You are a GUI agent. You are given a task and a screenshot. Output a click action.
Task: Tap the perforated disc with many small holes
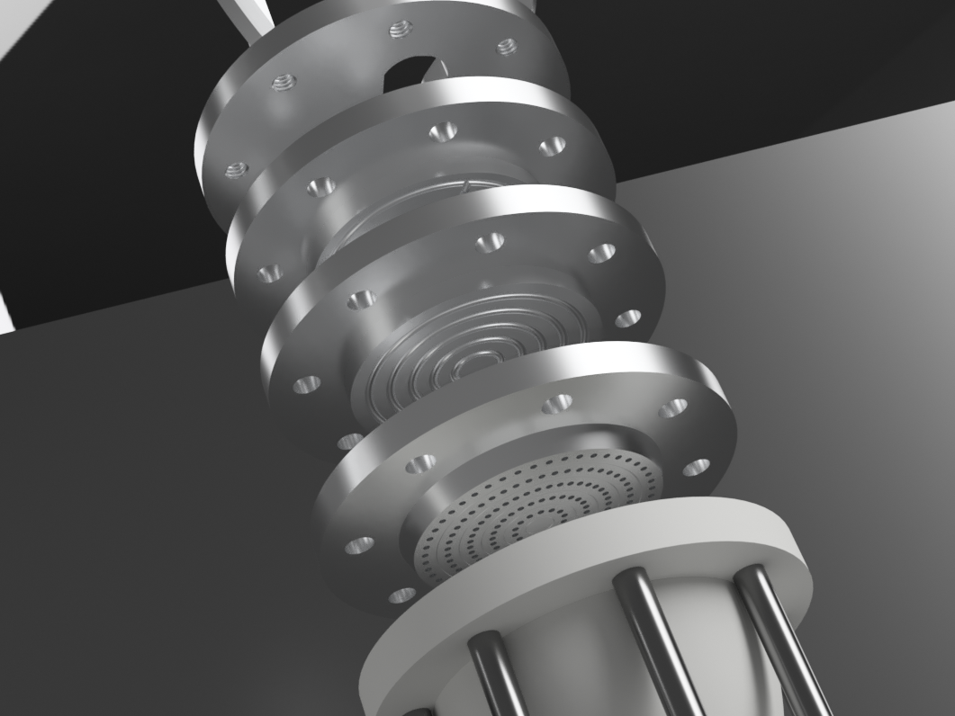pos(531,508)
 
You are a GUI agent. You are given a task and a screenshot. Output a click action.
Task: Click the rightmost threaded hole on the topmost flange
pos(507,45)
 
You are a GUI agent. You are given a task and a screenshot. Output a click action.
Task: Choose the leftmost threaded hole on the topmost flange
pos(236,169)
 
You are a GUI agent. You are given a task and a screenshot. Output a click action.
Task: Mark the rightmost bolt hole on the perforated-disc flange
pos(696,468)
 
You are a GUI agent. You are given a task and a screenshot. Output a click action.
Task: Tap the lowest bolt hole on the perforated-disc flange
pos(401,595)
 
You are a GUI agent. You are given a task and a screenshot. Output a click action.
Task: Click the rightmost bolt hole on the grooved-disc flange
pos(628,318)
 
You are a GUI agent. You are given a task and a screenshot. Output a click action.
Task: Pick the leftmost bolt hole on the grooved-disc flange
pos(306,384)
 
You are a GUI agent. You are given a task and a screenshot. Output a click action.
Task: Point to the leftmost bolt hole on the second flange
pos(269,273)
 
